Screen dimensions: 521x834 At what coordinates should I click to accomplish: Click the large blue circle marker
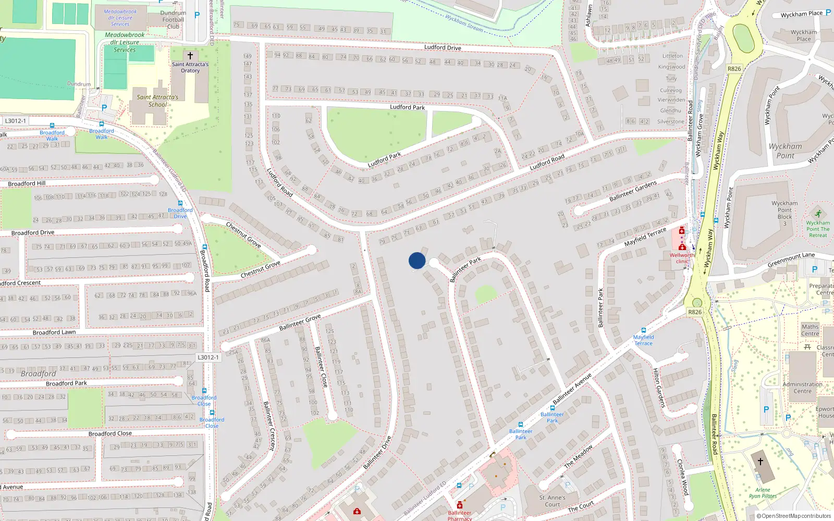[417, 260]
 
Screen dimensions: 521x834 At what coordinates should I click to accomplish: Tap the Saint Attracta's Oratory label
[190, 68]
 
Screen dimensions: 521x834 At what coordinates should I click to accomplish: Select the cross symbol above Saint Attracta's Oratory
[190, 55]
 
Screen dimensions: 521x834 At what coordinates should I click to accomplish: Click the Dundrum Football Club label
[173, 20]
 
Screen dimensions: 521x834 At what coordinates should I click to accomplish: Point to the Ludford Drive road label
[443, 47]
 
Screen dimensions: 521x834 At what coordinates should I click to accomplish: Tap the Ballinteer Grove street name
[300, 322]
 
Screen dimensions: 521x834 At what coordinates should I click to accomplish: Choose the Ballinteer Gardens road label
[633, 191]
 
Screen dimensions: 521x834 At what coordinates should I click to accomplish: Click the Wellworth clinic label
[682, 258]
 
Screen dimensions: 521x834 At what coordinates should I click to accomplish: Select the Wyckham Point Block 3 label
[784, 213]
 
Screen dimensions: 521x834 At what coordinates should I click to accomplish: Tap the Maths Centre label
[810, 330]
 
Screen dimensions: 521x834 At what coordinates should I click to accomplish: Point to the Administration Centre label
[803, 388]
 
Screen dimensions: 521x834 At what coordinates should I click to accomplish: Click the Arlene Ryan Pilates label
[763, 493]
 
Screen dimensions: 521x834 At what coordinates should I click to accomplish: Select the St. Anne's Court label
[553, 501]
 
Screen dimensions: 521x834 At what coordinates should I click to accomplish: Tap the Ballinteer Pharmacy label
[460, 515]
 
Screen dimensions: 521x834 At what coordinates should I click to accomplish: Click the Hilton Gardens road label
[659, 388]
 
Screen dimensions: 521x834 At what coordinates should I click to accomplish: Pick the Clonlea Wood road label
[682, 477]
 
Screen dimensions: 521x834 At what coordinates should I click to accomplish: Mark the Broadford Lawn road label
[54, 332]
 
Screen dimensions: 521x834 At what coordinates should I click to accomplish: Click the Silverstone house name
[671, 121]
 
